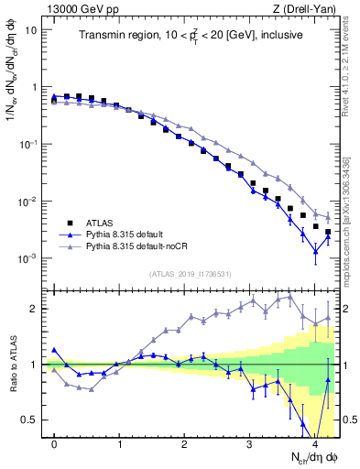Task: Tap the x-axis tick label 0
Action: point(55,443)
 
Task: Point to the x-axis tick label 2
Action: point(185,443)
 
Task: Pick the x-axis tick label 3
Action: point(250,443)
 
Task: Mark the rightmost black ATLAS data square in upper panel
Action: point(328,233)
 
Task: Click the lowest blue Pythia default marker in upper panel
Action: point(315,251)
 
